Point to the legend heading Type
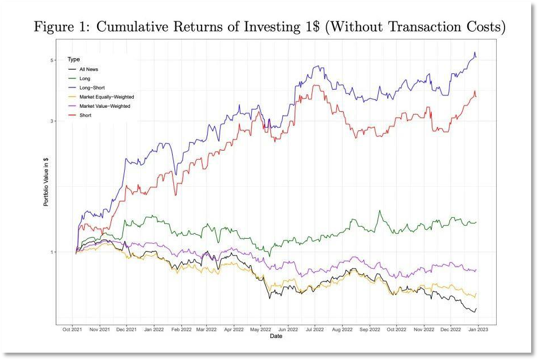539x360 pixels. [x=73, y=59]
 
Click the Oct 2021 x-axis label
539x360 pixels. [x=73, y=329]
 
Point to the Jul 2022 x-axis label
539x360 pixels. [x=314, y=329]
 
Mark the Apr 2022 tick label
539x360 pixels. [x=234, y=329]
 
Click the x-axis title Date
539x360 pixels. [x=276, y=336]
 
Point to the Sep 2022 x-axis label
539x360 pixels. [x=369, y=329]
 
